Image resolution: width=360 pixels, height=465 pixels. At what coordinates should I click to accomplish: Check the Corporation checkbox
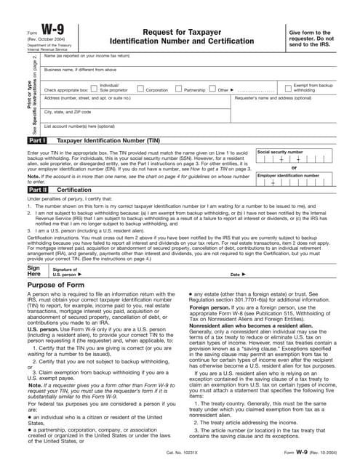tap(140, 89)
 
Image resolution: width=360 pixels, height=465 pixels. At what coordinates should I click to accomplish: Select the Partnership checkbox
tap(179, 89)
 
